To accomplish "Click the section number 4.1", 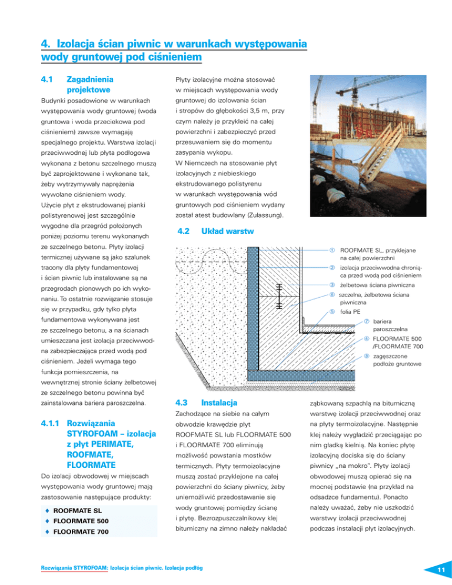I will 48,78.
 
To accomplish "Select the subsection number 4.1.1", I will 49,423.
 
